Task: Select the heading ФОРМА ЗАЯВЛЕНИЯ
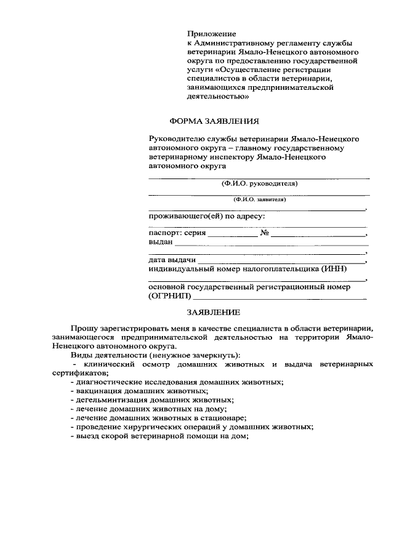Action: click(214, 121)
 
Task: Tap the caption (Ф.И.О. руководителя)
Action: click(259, 183)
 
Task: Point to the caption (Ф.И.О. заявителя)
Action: click(259, 199)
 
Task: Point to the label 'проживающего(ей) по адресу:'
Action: click(207, 217)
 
